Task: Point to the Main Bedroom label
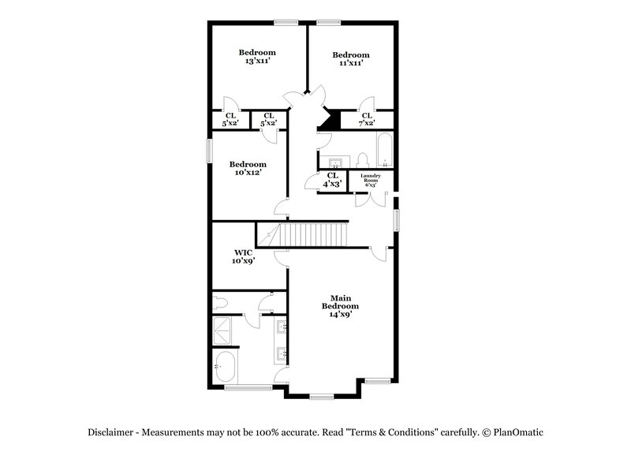coord(340,306)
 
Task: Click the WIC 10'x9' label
coord(242,256)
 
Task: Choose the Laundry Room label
coord(371,179)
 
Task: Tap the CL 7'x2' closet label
coord(367,119)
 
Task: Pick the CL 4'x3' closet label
coord(332,179)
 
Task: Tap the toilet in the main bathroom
coord(221,302)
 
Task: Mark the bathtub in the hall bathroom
coord(384,151)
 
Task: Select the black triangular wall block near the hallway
coord(330,120)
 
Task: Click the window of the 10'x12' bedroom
coord(210,151)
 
